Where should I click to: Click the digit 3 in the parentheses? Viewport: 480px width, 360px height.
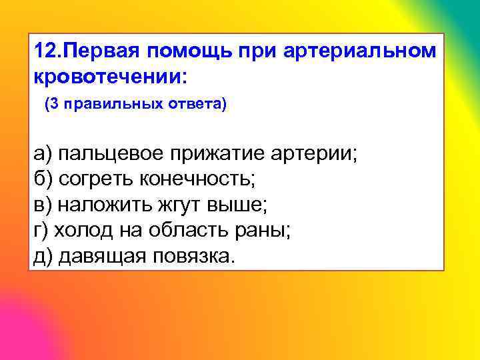(x=53, y=105)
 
